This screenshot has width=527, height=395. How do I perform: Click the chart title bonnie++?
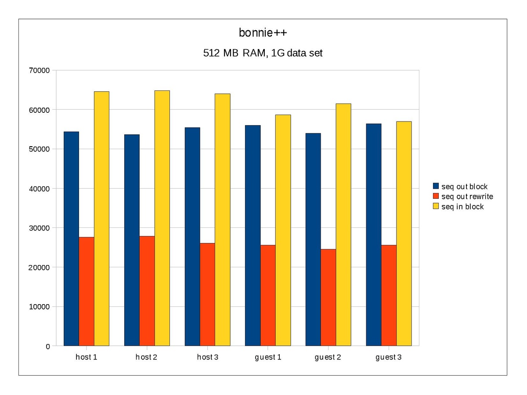pyautogui.click(x=263, y=33)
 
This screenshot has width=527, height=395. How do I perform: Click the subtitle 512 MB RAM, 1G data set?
pyautogui.click(x=263, y=54)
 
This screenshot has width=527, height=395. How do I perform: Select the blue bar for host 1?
pyautogui.click(x=72, y=239)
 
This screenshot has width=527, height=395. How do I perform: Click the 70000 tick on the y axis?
pyautogui.click(x=39, y=70)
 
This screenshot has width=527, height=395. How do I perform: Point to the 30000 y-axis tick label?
pyautogui.click(x=39, y=228)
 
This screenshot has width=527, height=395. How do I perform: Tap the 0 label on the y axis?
pyautogui.click(x=47, y=346)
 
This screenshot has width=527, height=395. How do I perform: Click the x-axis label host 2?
pyautogui.click(x=147, y=357)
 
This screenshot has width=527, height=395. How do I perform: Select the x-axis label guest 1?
pyautogui.click(x=268, y=357)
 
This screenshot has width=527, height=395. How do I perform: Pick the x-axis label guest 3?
pyautogui.click(x=388, y=357)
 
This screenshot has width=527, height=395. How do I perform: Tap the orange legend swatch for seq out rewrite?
pyautogui.click(x=436, y=196)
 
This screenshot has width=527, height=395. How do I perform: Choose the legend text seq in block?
pyautogui.click(x=462, y=206)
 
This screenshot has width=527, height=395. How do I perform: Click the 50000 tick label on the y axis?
pyautogui.click(x=39, y=149)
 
